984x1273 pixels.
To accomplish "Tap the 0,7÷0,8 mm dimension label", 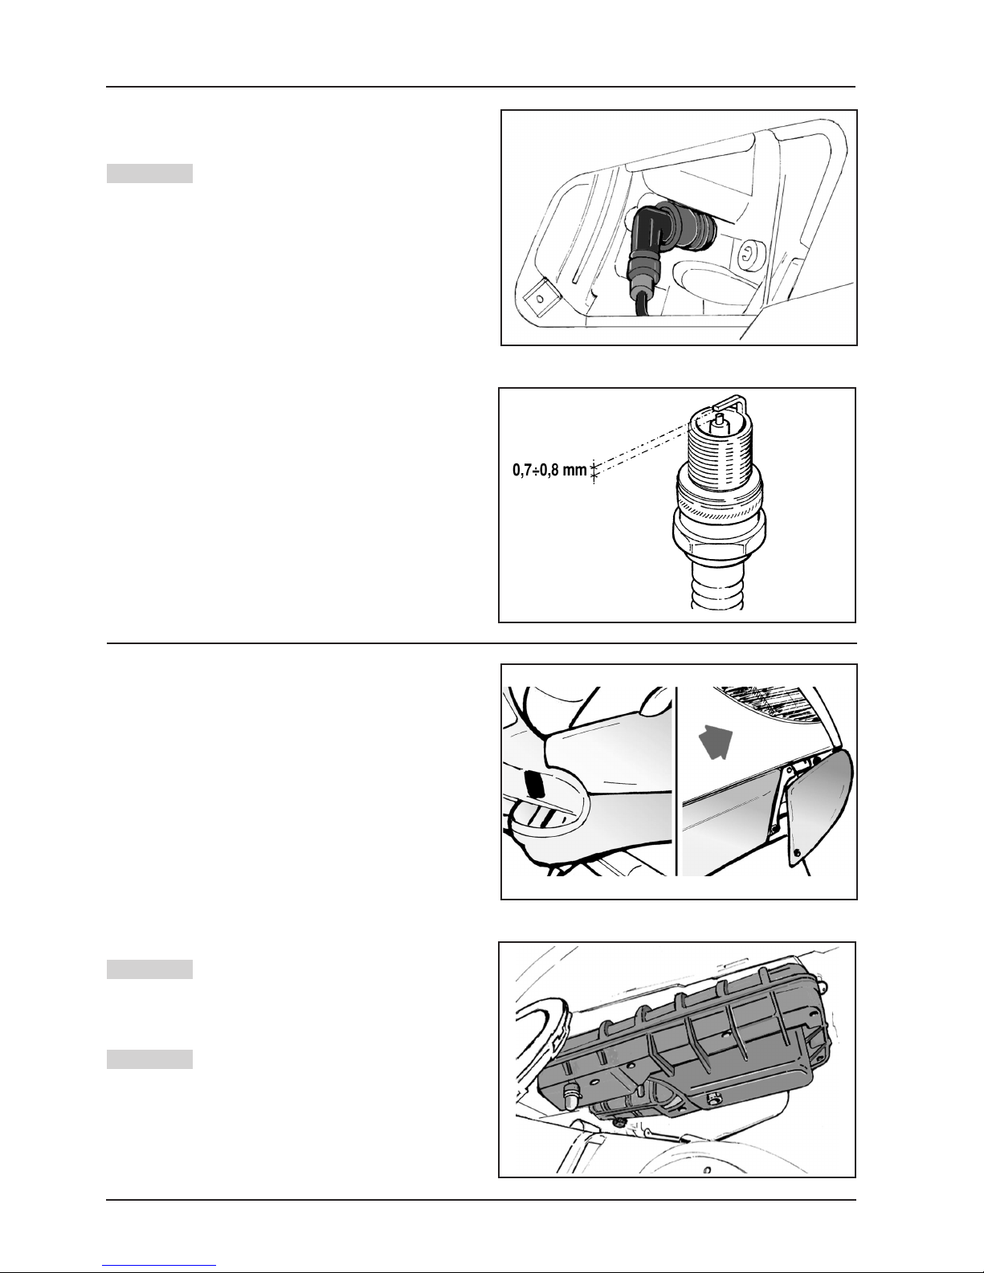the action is point(549,470).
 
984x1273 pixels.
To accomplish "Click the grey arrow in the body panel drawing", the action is point(715,741).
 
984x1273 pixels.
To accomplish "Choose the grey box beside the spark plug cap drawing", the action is point(149,173).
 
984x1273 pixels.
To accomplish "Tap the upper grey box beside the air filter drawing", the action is point(149,969).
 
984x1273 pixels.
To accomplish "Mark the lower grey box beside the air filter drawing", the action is point(149,1059).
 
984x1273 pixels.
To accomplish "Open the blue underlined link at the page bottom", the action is point(159,1265).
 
